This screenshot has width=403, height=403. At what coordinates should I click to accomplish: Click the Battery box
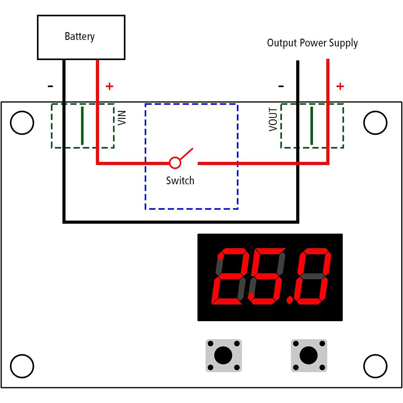point(81,37)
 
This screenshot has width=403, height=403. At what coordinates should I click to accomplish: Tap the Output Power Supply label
point(312,43)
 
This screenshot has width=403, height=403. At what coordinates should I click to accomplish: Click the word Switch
point(180,181)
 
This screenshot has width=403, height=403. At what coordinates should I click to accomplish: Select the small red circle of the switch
point(174,163)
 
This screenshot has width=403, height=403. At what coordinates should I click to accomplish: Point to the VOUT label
point(273,119)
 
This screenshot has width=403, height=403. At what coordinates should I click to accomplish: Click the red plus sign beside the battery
point(109,86)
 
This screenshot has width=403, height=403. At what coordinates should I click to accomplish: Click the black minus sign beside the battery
point(50,86)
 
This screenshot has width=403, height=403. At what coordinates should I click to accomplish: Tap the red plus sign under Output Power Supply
point(340,86)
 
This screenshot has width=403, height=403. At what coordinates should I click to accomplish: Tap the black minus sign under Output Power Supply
point(281,86)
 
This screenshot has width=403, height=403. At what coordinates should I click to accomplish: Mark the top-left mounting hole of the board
point(22,123)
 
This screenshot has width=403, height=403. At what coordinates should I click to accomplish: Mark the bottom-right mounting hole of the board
point(375,366)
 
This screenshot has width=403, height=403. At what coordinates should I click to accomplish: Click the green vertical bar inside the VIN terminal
point(82,125)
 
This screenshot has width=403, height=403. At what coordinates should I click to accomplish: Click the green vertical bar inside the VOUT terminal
point(312,125)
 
